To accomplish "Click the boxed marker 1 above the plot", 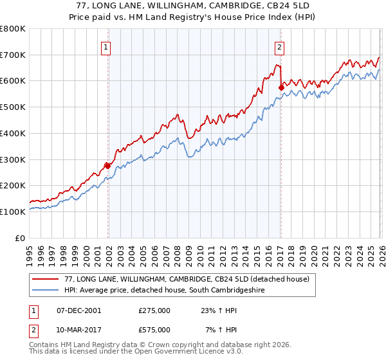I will (x=106, y=46).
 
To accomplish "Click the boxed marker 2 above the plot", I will (x=280, y=46).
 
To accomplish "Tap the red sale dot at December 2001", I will (x=107, y=166).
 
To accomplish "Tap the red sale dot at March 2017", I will (x=281, y=87).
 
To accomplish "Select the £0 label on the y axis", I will (x=21, y=238).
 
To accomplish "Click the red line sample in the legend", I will (x=46, y=279).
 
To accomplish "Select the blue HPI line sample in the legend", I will (x=46, y=290).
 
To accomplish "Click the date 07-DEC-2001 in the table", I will (x=78, y=310).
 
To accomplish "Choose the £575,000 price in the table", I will (x=154, y=329).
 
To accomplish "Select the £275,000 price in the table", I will (x=154, y=310).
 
